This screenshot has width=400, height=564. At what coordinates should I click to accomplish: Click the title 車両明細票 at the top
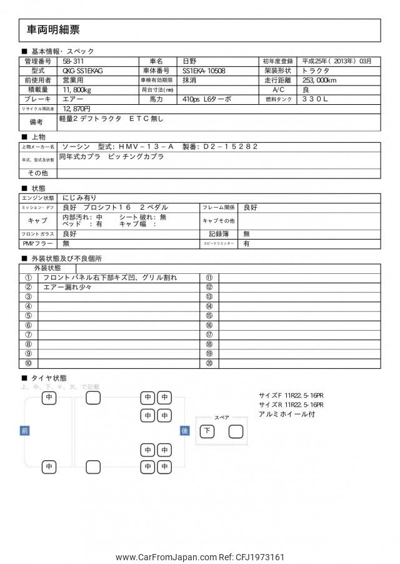pos(53,29)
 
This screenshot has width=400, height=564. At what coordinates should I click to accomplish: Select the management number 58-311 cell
pos(73,61)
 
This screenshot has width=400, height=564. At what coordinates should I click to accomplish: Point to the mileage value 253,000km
pos(320,80)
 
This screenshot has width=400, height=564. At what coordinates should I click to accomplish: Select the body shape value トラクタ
pos(316,70)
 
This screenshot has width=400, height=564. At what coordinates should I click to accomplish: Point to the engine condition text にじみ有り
pos(79,197)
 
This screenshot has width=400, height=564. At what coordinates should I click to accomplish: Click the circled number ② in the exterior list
pos(28,287)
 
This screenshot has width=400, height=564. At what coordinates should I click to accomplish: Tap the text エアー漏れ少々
pos(67,287)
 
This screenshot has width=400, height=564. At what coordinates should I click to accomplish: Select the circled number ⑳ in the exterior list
pos(209,362)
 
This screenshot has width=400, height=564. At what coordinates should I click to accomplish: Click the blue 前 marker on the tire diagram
pos(24,430)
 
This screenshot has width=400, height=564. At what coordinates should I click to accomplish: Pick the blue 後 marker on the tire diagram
pos(184,430)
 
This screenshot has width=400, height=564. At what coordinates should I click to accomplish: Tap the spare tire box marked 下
pos(207,430)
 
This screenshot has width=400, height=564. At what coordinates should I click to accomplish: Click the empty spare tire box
pos(235,430)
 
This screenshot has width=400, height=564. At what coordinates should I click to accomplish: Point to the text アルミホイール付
pos(287,414)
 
